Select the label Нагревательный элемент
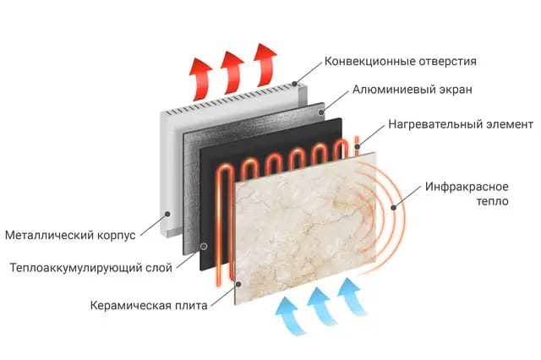pyautogui.click(x=461, y=124)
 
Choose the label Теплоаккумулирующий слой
pyautogui.click(x=90, y=269)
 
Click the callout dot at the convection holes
pyautogui.click(x=296, y=83)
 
